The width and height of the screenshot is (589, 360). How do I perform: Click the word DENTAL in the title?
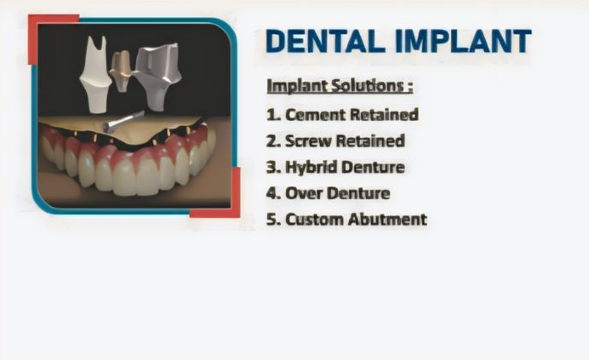[326, 41]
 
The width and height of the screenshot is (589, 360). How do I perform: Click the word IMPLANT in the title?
[463, 41]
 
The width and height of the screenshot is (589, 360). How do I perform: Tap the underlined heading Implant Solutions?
[340, 87]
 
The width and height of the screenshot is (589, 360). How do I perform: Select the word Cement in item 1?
[315, 115]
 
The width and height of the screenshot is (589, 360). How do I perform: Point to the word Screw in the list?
[308, 141]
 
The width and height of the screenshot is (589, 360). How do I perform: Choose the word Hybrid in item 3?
[312, 167]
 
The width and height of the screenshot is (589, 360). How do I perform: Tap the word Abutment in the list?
[387, 220]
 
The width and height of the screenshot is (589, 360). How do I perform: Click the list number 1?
[272, 115]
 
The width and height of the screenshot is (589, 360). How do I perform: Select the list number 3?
[272, 167]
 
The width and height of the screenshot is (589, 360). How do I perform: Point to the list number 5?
[272, 220]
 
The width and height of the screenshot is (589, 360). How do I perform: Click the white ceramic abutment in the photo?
[95, 75]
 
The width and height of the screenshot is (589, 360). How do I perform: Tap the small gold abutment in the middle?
[121, 71]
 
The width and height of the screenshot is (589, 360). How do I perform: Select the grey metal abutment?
[157, 77]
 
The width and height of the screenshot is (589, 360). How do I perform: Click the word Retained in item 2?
[370, 141]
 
